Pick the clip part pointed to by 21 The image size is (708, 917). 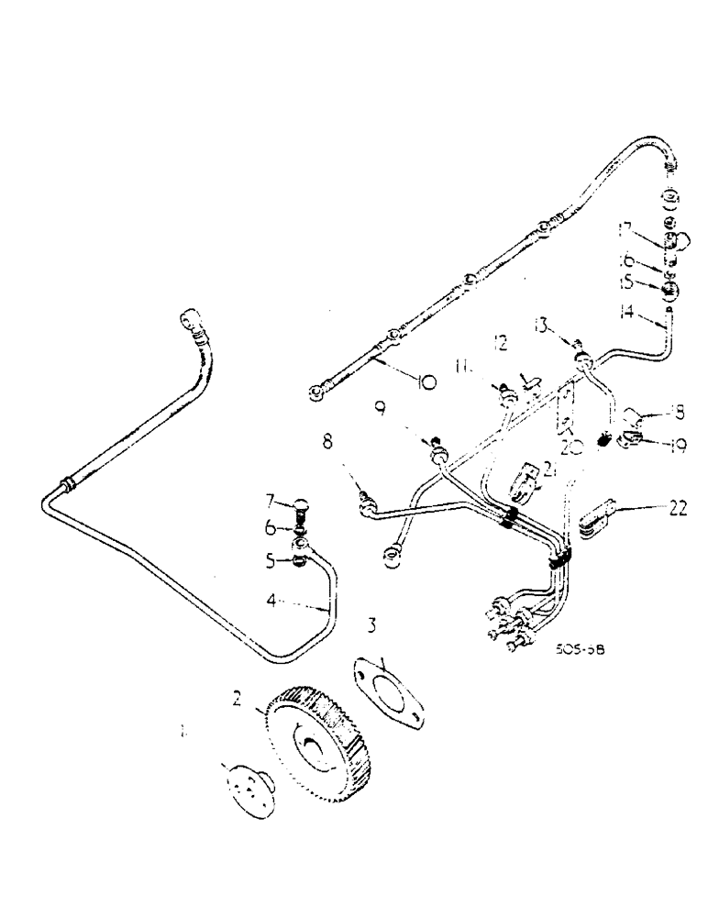coord(522,482)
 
